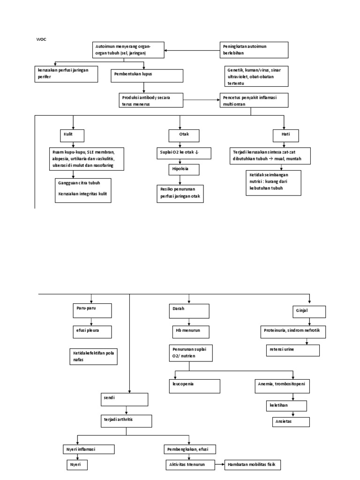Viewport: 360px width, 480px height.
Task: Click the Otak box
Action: point(184,135)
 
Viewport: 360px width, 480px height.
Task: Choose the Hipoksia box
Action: point(184,169)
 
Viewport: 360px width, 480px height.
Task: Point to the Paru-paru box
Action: point(91,310)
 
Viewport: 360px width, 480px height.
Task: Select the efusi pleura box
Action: point(91,332)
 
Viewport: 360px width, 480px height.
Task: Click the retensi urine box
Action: point(293,350)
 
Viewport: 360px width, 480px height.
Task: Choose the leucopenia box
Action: point(194,386)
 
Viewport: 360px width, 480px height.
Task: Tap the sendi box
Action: point(124,399)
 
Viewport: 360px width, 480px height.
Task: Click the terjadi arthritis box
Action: point(127,420)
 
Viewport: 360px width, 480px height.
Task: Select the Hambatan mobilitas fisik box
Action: point(253,465)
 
